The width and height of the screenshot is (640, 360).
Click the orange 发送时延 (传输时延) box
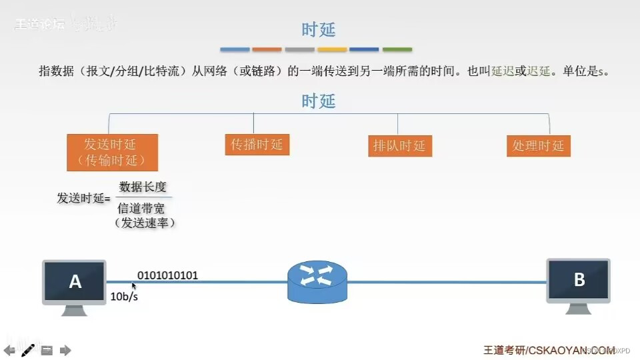(x=112, y=152)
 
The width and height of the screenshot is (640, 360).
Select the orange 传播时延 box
(x=257, y=145)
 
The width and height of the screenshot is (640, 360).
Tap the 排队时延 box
(x=399, y=146)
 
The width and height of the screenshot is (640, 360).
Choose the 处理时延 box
(x=538, y=146)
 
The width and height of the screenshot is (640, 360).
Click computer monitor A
(x=75, y=282)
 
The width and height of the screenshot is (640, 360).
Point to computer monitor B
(x=578, y=280)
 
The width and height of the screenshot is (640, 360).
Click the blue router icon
(x=317, y=281)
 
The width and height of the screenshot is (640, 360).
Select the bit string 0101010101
(x=167, y=275)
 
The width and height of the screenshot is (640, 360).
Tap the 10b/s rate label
(x=124, y=297)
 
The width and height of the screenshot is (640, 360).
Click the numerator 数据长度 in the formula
(x=143, y=187)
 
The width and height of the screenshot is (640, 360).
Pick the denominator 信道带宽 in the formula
(x=141, y=208)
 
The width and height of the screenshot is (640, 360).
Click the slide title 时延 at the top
(x=319, y=29)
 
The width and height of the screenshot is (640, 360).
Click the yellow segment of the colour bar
(x=332, y=49)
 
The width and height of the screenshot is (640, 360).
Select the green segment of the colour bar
(x=397, y=49)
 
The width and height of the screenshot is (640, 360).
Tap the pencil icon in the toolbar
(x=28, y=349)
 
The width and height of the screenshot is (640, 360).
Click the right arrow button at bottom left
(x=65, y=350)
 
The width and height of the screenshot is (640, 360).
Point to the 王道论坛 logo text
(x=40, y=25)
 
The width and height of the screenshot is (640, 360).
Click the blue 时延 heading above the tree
(x=319, y=101)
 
